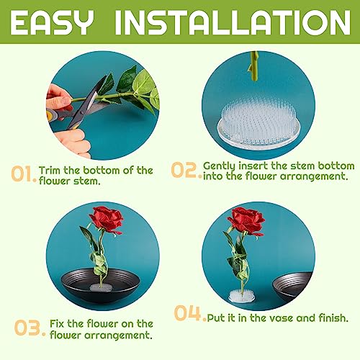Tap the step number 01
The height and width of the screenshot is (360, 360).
[x=22, y=175]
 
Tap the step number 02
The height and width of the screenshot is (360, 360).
[x=185, y=171]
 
